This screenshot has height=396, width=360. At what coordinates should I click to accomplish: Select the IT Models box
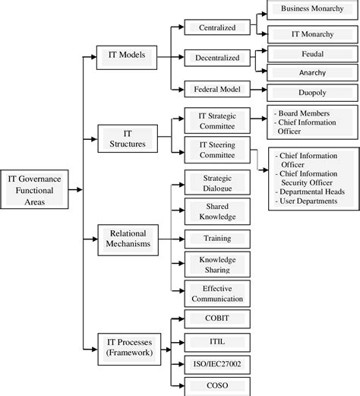click(x=126, y=55)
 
